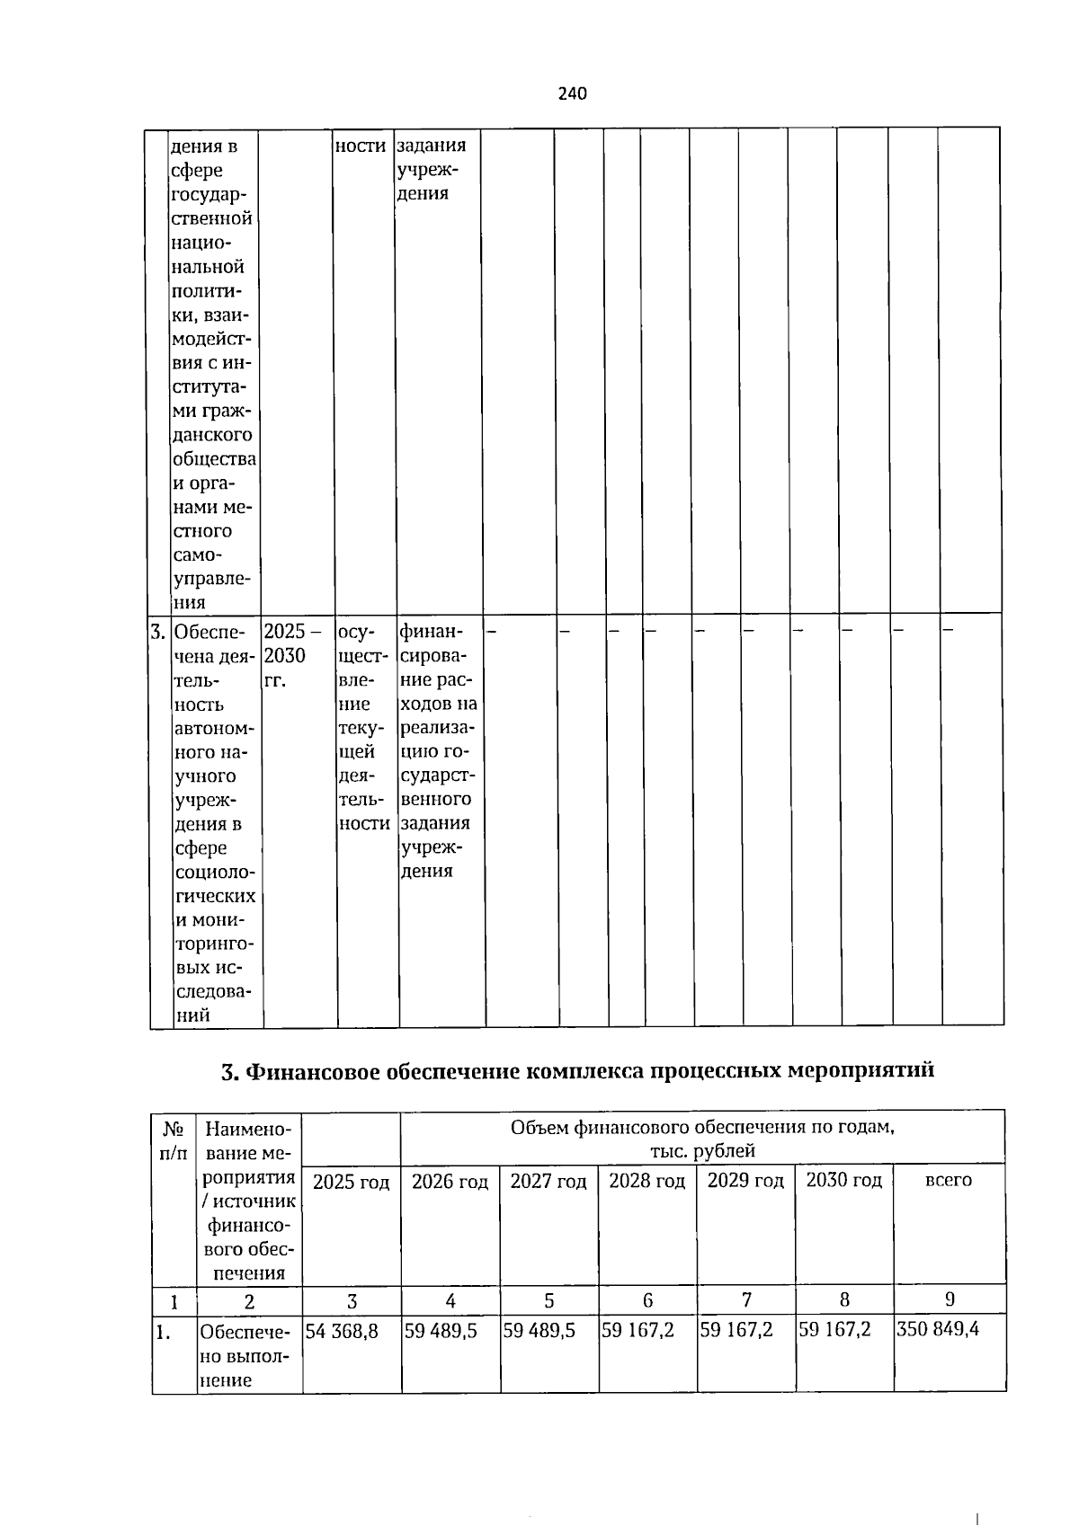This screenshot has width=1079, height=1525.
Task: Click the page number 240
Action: point(572,93)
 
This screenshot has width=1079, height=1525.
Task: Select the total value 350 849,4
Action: point(938,1329)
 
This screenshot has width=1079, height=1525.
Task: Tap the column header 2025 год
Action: point(352,1182)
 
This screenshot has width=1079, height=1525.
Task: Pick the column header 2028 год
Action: point(647,1181)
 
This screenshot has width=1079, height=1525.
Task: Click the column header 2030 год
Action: point(844,1180)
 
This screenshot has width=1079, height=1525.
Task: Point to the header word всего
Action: point(949,1180)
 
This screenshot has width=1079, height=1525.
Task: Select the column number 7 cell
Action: point(746,1299)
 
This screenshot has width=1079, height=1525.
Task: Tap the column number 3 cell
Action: point(352,1300)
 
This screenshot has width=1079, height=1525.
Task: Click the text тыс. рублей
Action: point(703,1150)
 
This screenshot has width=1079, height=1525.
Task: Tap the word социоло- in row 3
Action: point(215,873)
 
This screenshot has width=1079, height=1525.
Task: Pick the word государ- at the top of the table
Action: point(209,194)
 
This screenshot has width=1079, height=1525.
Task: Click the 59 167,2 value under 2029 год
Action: point(736,1330)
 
